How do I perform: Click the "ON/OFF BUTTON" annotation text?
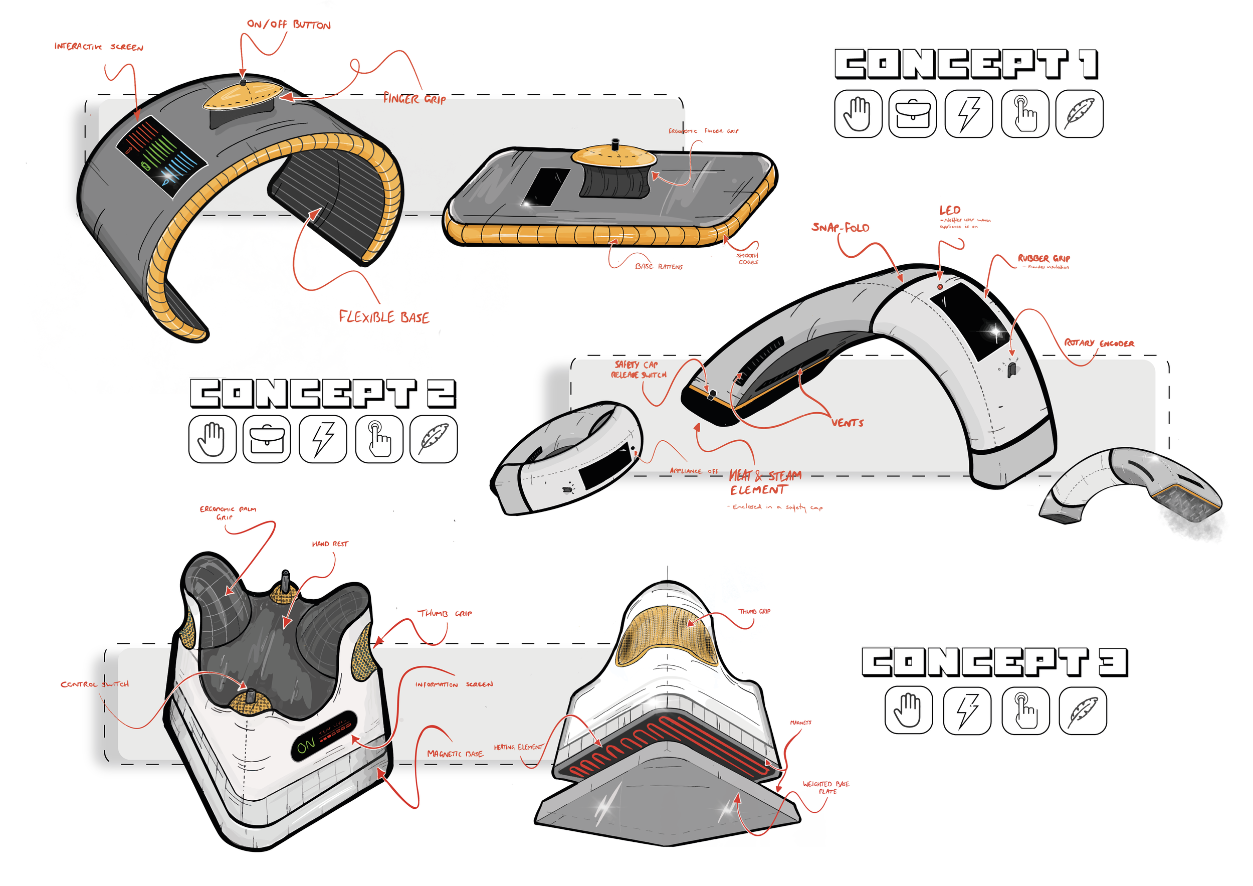coord(289,25)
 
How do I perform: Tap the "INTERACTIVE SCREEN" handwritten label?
coord(99,47)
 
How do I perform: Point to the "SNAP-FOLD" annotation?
coord(840,227)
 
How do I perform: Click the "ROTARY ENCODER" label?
coord(1099,343)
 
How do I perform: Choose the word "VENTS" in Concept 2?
coord(847,423)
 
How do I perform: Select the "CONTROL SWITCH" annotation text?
coord(94,684)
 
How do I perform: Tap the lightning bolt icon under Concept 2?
coord(323,439)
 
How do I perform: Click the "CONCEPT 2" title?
coord(323,394)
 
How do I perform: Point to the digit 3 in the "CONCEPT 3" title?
coord(1113,662)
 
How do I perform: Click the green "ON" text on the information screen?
coord(306,745)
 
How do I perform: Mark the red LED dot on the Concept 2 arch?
coord(940,287)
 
